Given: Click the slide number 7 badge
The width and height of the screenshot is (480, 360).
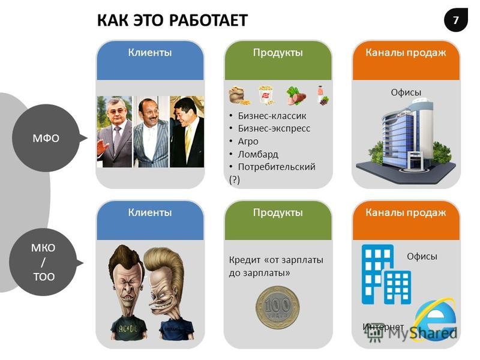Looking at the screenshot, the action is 456,20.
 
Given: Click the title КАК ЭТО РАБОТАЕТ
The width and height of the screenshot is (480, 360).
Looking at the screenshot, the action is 172,20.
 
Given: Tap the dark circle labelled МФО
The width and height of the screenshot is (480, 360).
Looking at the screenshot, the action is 47,138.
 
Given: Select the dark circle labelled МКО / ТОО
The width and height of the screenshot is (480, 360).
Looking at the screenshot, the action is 44,262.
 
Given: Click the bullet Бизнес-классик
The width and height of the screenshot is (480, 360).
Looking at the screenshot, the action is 272,116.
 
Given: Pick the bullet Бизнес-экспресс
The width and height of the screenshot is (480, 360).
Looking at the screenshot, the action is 274,128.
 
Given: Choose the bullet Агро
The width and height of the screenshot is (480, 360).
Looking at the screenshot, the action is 248,142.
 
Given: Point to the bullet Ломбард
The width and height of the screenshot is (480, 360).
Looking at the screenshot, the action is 258,154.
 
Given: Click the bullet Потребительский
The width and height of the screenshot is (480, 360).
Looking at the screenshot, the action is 277,167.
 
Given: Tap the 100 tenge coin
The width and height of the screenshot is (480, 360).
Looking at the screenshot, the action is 278,307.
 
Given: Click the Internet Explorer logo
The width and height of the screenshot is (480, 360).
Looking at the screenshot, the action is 435,319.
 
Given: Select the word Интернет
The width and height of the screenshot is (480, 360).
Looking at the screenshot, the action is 383,327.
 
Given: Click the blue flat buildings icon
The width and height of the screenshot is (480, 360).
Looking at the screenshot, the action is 386,274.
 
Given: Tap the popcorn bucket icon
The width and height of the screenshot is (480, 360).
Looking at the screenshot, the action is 266,95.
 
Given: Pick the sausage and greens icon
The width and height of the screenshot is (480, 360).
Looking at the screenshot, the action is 296,95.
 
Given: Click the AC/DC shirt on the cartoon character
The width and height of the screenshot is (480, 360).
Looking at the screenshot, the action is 128,328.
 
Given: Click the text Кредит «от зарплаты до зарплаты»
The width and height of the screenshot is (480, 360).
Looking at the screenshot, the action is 276,266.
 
